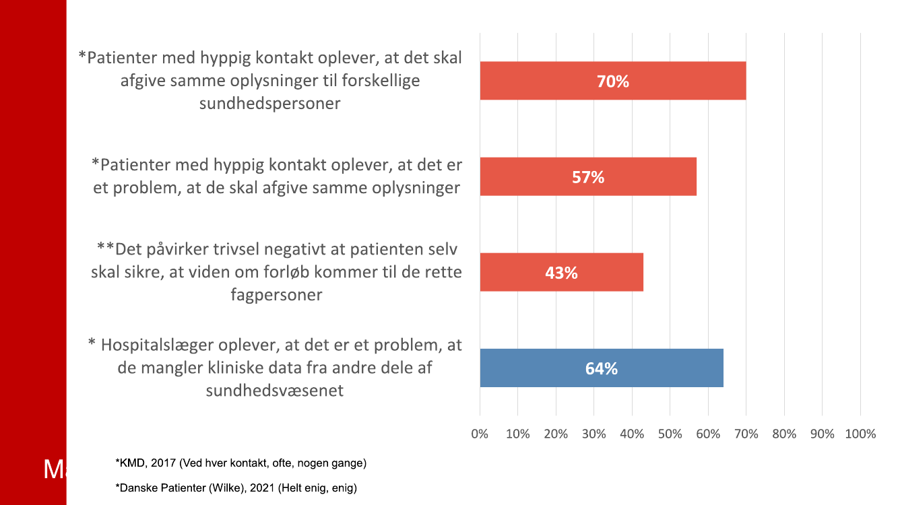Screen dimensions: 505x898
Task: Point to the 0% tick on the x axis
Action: tap(480, 434)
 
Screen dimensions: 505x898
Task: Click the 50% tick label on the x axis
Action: tap(670, 434)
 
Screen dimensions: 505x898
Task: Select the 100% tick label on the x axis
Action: tap(860, 434)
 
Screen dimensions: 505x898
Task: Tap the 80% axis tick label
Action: tap(784, 434)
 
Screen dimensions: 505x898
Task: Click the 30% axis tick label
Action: tap(594, 434)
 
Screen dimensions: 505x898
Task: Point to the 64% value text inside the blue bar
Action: tap(602, 369)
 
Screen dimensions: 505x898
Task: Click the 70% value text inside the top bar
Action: tap(612, 81)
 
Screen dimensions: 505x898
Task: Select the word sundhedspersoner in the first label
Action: tap(269, 103)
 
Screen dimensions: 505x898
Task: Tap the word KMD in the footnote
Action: tap(131, 463)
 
